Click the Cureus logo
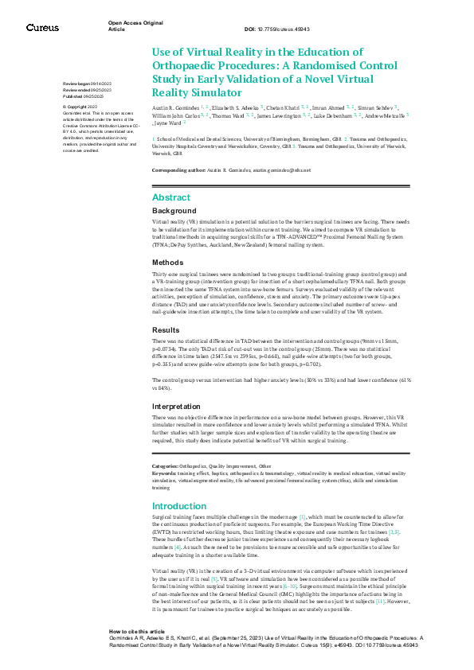tap(42, 27)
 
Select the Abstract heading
tap(171, 197)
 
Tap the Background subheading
tap(174, 211)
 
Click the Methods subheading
tap(168, 262)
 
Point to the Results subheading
tap(166, 329)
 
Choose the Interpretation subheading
tap(177, 407)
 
